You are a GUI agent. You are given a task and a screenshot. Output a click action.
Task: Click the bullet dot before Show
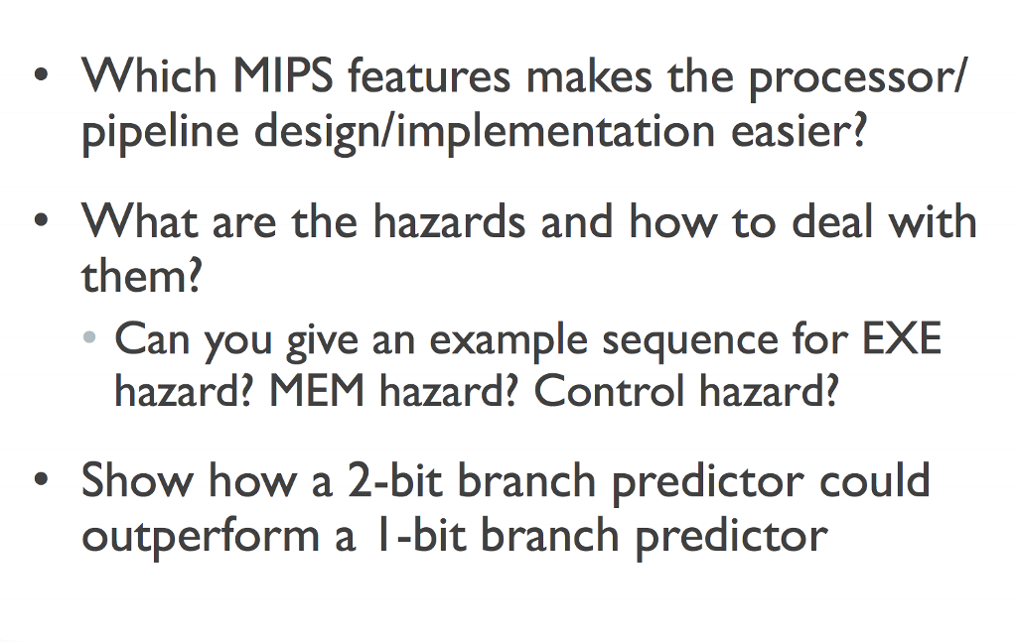point(41,481)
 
